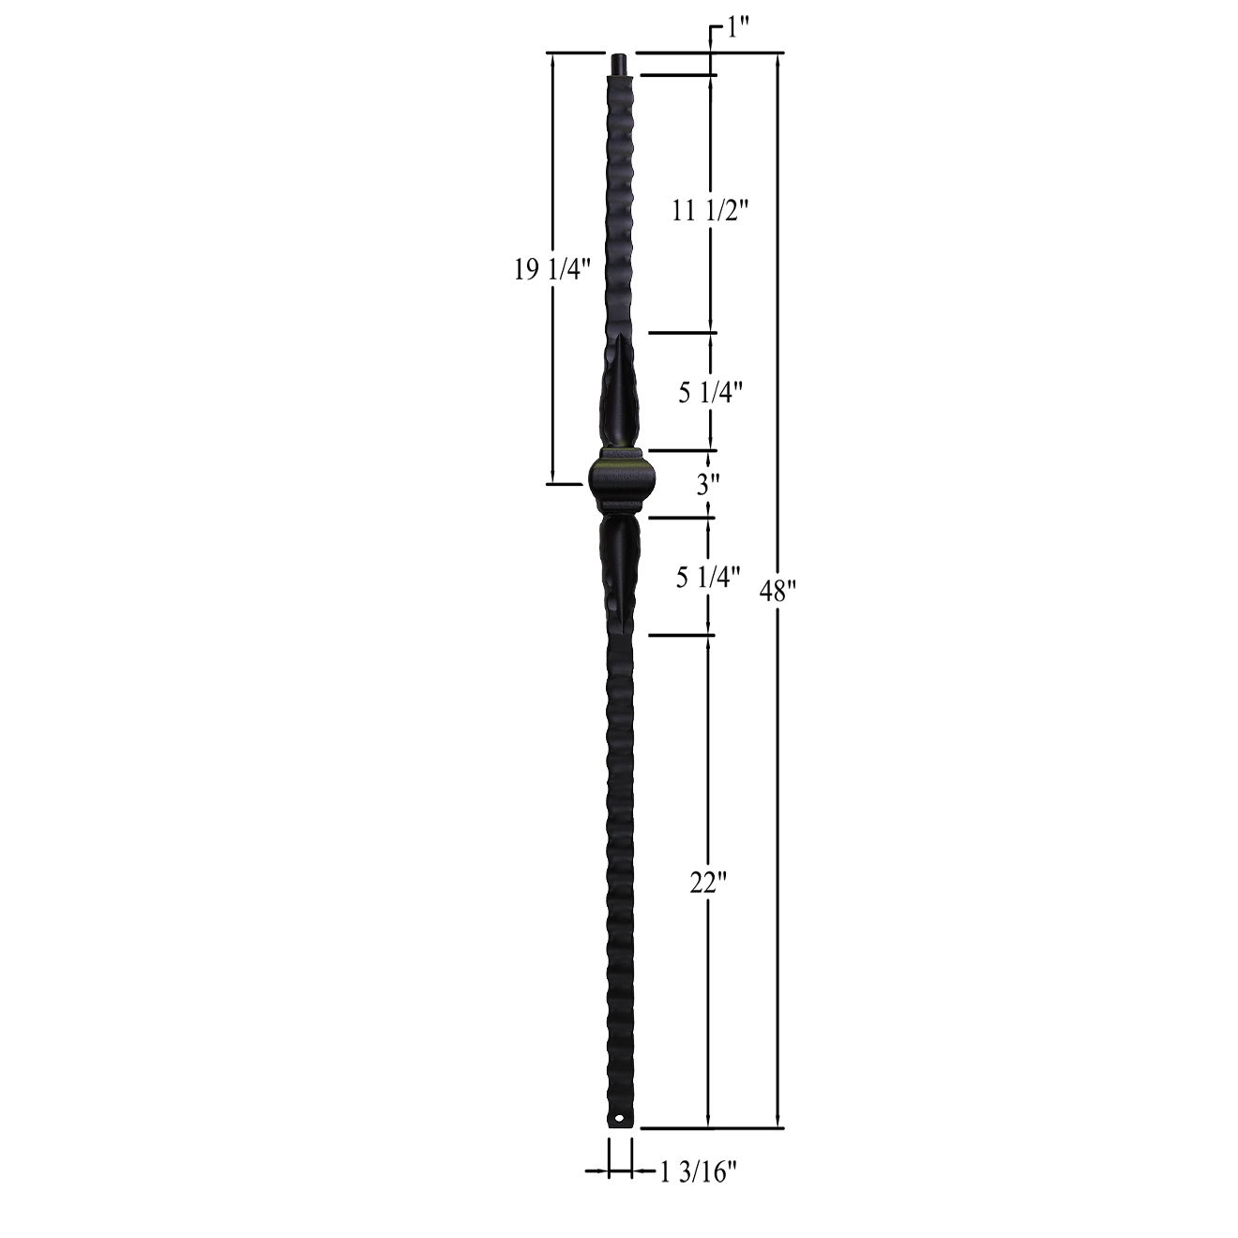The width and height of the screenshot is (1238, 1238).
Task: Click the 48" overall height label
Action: (x=778, y=594)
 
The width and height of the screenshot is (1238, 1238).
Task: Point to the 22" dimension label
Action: (x=709, y=883)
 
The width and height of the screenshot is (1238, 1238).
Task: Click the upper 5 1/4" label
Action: (x=711, y=392)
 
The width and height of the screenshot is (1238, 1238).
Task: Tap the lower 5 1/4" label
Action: (x=709, y=577)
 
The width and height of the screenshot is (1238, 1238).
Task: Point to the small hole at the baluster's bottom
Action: (x=618, y=1118)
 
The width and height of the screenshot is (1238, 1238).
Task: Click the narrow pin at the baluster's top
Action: (x=620, y=65)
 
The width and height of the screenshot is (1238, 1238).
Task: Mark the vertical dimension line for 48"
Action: (x=778, y=375)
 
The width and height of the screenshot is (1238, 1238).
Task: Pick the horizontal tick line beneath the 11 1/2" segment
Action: (x=682, y=333)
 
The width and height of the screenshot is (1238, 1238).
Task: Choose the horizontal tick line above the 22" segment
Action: (x=682, y=636)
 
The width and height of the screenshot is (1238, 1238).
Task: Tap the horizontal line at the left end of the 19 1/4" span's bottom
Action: (x=565, y=484)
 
